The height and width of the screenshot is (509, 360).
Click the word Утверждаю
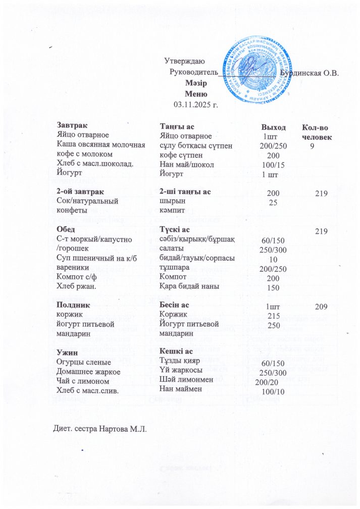[184, 62]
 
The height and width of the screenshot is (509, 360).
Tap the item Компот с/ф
[76, 277]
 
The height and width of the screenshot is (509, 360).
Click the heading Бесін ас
[174, 305]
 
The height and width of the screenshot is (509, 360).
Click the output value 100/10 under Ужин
[273, 392]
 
